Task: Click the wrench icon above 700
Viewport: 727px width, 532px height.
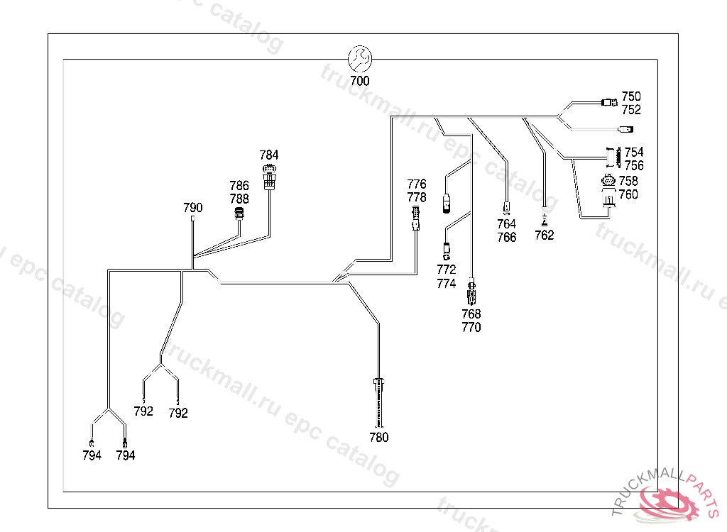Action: pyautogui.click(x=360, y=58)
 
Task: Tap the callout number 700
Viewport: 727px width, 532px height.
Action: pyautogui.click(x=360, y=81)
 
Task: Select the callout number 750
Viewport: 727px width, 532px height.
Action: pyautogui.click(x=631, y=96)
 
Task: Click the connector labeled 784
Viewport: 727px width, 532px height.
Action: pyautogui.click(x=269, y=176)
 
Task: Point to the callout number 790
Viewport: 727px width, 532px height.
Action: pyautogui.click(x=193, y=208)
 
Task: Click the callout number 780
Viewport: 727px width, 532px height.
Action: pyautogui.click(x=379, y=438)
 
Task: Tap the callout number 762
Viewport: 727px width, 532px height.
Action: pyautogui.click(x=544, y=235)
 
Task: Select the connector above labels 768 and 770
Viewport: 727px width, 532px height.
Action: pyautogui.click(x=471, y=293)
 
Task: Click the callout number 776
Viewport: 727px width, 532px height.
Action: pyautogui.click(x=417, y=184)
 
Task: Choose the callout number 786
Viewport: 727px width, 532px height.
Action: pyautogui.click(x=239, y=186)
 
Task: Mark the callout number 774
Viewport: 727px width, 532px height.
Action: pyautogui.click(x=447, y=284)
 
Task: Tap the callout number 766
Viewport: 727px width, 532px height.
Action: pyautogui.click(x=507, y=238)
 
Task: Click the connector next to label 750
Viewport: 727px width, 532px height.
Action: pyautogui.click(x=609, y=102)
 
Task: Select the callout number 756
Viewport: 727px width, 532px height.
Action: pyautogui.click(x=634, y=166)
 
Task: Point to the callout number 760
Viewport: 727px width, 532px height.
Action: pyautogui.click(x=628, y=195)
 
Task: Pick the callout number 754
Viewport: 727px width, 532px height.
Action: pyautogui.click(x=634, y=153)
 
